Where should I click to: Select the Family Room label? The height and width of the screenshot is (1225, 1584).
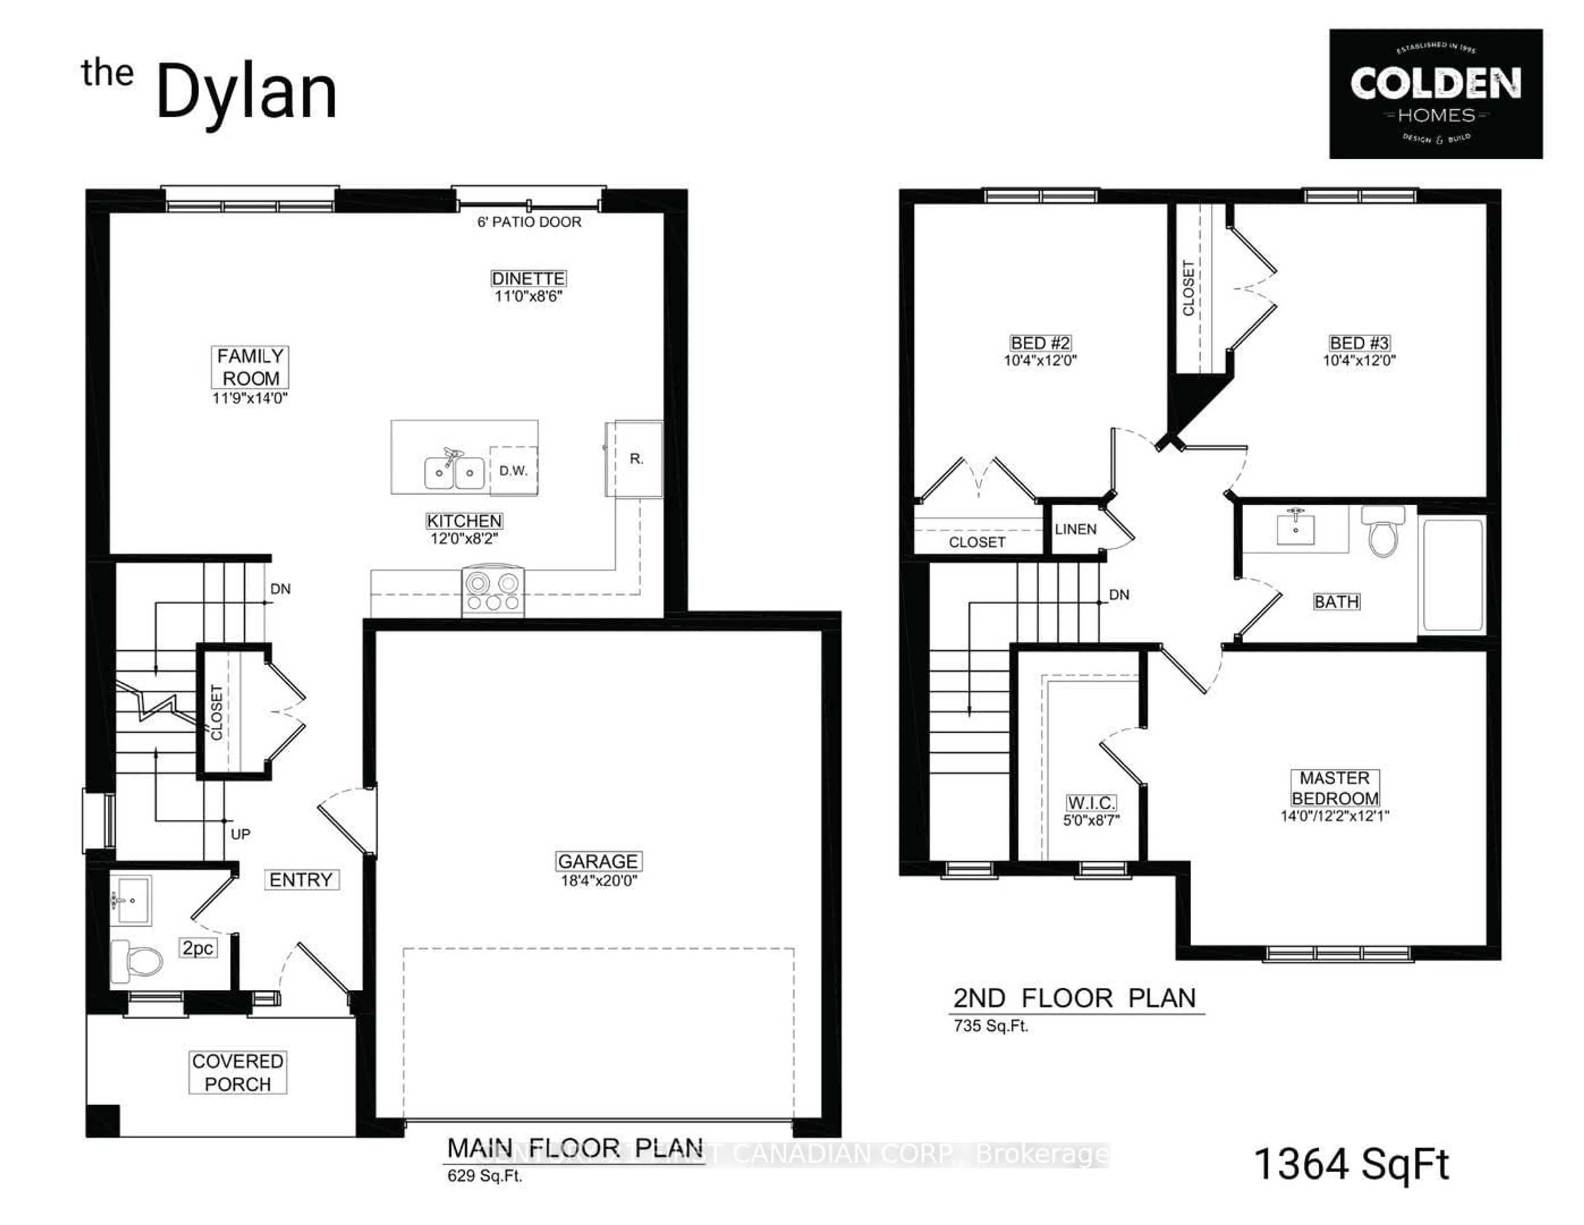pyautogui.click(x=250, y=367)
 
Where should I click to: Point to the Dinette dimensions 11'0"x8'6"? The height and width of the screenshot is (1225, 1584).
pyautogui.click(x=528, y=296)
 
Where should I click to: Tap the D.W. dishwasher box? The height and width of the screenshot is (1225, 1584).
pyautogui.click(x=514, y=471)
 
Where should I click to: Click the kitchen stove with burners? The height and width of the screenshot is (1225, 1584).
pyautogui.click(x=493, y=591)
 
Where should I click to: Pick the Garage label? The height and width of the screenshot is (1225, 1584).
pyautogui.click(x=598, y=861)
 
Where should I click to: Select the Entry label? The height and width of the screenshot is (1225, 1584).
pyautogui.click(x=301, y=880)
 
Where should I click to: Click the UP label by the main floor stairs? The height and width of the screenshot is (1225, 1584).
pyautogui.click(x=240, y=834)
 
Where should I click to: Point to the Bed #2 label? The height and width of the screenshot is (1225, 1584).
pyautogui.click(x=1040, y=343)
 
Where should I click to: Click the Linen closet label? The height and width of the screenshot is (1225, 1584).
pyautogui.click(x=1075, y=529)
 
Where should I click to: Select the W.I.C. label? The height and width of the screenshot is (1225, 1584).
pyautogui.click(x=1091, y=803)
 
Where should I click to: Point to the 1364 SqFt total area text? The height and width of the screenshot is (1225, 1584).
pyautogui.click(x=1351, y=1164)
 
